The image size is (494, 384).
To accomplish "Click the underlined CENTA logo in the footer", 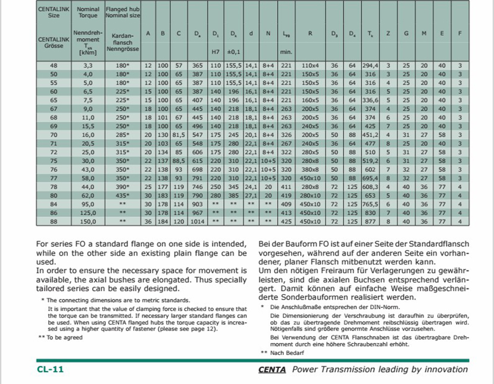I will (x=273, y=370).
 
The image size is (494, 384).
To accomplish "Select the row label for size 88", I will (x=53, y=221).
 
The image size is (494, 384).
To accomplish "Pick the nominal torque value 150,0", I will (x=88, y=221).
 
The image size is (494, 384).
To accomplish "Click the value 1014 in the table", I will (x=197, y=221).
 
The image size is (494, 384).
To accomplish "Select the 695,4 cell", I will (x=370, y=178).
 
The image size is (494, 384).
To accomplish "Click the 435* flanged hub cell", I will (x=122, y=195).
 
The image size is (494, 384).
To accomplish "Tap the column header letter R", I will (x=310, y=33).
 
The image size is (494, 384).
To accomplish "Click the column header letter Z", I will (x=388, y=33).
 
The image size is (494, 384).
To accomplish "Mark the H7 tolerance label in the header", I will (x=215, y=51).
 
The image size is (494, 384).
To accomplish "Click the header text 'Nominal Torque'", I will (x=88, y=12).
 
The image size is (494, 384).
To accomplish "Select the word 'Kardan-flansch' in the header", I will (x=122, y=39).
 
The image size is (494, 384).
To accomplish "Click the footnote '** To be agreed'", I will (x=61, y=338).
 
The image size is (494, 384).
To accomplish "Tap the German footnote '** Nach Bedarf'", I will (x=283, y=352).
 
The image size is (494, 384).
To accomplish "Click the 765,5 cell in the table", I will (x=370, y=204).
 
